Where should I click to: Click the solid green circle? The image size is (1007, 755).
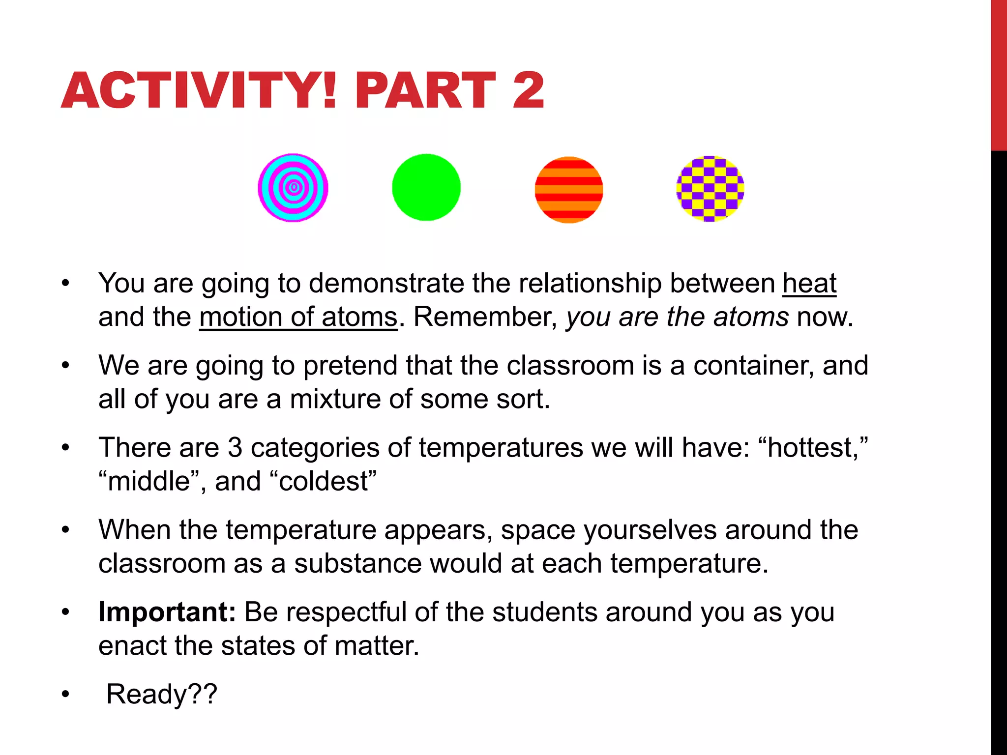426,187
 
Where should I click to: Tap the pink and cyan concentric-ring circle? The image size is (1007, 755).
293,188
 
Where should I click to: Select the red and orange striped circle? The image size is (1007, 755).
569,190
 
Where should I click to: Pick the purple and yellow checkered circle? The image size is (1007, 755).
710,189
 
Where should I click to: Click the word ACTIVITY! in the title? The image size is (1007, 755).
199,90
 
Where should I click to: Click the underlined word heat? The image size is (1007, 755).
809,284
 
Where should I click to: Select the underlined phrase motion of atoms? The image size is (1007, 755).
298,317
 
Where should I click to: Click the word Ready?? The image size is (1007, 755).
162,695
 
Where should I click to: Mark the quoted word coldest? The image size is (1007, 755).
323,481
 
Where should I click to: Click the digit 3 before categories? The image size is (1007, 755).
235,448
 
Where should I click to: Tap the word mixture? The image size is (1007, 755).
335,399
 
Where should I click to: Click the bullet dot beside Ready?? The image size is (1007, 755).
65,695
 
